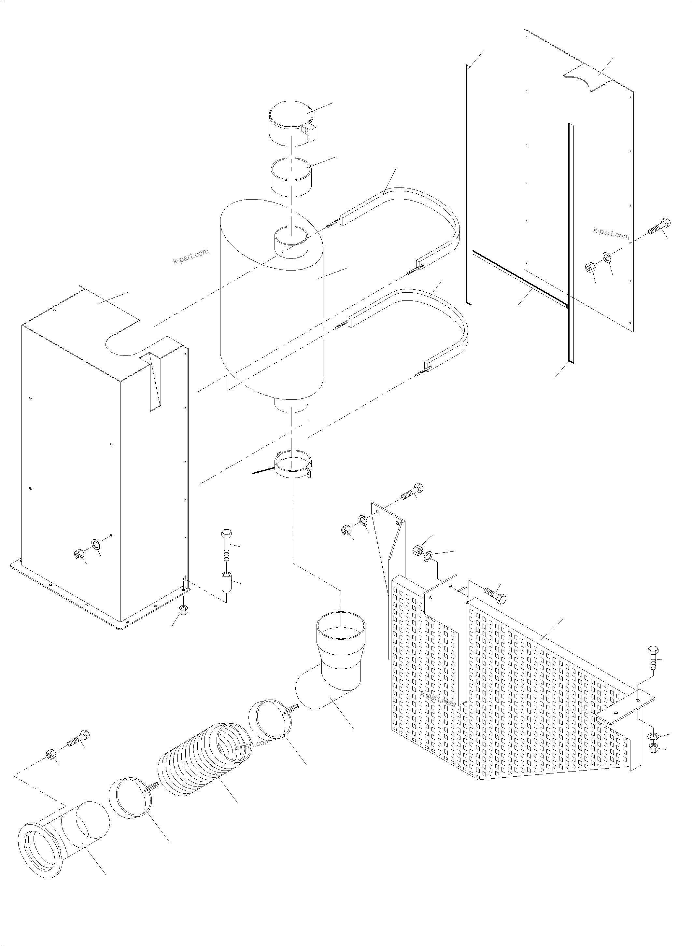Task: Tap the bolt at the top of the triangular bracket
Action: tap(413, 492)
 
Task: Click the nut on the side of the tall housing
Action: tap(78, 554)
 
